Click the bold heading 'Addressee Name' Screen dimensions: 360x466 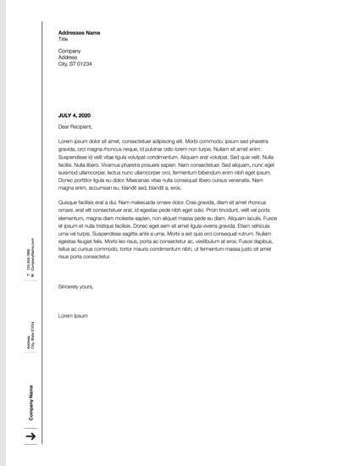pos(79,32)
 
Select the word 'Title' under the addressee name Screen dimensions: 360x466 pos(64,39)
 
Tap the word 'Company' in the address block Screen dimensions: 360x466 pos(69,51)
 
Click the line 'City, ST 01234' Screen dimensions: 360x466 pos(75,64)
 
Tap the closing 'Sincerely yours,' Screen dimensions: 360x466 pos(76,287)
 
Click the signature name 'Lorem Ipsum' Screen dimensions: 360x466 pos(73,315)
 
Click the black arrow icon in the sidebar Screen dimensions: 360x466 pos(30,436)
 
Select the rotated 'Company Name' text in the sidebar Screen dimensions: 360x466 pos(31,402)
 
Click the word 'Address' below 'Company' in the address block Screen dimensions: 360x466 pos(68,58)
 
